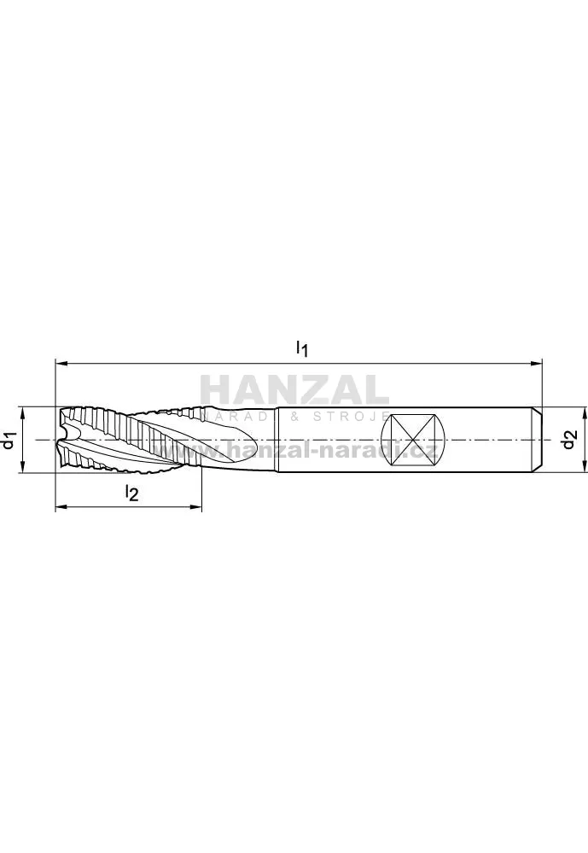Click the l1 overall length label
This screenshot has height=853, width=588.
click(302, 348)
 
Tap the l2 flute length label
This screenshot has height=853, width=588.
click(131, 494)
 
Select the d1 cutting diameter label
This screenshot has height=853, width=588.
click(8, 440)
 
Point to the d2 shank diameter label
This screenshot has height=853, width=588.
click(569, 439)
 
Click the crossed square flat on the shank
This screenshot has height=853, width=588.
click(413, 439)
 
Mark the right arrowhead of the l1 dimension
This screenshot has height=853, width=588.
click(536, 362)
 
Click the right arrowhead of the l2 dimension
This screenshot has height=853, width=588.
click(195, 507)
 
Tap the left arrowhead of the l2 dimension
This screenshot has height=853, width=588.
click(62, 507)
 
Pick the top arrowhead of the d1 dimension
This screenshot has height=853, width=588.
click(23, 413)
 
